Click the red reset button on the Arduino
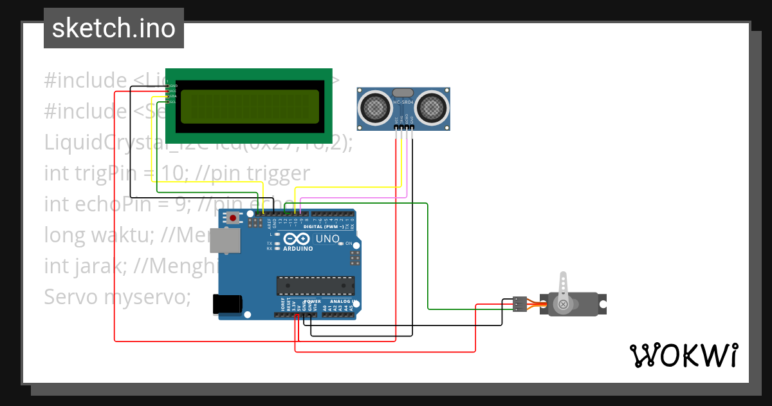coord(233,218)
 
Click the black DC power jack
coord(228,304)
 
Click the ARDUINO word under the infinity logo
coord(298,249)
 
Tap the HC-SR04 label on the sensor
coord(403,103)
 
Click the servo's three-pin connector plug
coord(520,304)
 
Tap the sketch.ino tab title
coord(114,28)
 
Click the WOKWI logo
coord(683,355)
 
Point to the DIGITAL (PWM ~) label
coord(322,227)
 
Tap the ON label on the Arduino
coord(349,244)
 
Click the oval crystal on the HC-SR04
coord(403,93)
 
